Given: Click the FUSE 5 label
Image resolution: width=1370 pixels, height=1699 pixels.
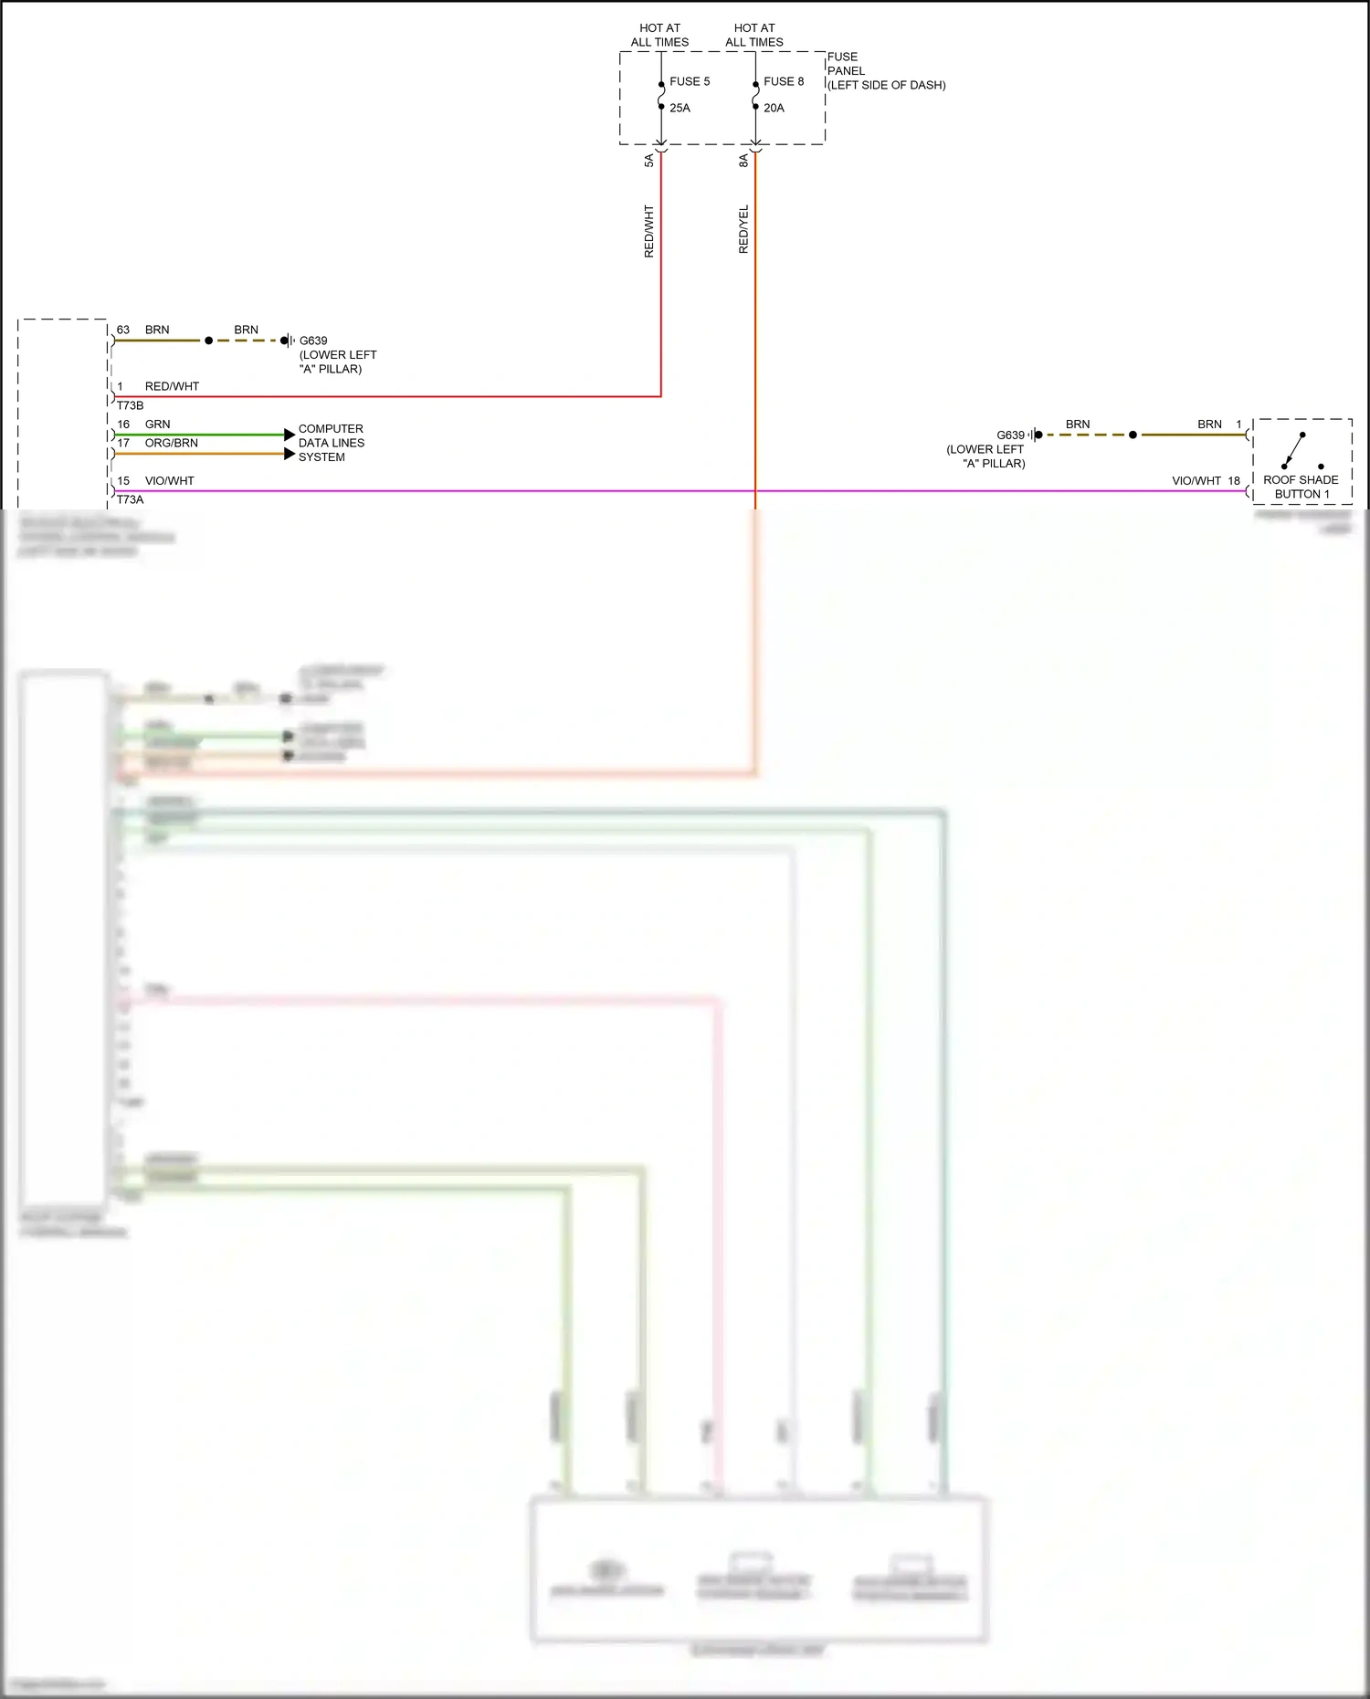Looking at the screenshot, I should pos(689,81).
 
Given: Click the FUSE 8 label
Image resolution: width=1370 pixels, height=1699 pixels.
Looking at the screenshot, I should pos(784,81).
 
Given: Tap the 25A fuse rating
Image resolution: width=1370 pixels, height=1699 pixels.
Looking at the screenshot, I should pos(680,108).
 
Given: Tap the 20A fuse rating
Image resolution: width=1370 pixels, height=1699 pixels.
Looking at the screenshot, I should pos(774,108).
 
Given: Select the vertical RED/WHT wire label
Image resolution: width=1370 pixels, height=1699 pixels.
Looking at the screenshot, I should pos(649,231).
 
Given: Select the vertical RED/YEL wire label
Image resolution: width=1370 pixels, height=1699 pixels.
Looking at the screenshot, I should pos(743,229).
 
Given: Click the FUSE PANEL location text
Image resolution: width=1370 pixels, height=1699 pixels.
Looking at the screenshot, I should pos(885,71).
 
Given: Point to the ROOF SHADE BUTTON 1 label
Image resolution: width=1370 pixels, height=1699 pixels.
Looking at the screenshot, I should pos(1301,487).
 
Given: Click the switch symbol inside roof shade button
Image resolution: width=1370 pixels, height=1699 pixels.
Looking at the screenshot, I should pos(1295,450).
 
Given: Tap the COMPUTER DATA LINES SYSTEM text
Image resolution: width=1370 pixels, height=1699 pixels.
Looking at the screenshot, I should pos(331,443).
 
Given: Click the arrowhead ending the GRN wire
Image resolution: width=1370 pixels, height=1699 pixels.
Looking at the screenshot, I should pos(290,435).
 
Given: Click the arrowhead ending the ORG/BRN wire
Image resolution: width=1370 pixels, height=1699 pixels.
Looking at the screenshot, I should pos(290,454).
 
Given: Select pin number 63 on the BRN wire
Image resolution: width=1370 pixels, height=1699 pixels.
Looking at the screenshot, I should pos(123,330).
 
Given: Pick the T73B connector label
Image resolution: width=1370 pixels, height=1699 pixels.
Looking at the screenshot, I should pos(130,405).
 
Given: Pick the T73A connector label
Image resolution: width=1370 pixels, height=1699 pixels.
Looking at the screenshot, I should pos(130,499).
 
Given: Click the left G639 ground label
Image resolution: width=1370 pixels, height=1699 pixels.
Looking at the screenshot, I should pos(313,341).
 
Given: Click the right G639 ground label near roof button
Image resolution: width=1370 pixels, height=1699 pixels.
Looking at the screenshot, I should pos(1010,435).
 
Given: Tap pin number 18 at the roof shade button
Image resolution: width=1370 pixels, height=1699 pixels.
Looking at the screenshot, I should pos(1234,480).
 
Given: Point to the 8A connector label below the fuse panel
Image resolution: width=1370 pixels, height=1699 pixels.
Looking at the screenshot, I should pos(743,161).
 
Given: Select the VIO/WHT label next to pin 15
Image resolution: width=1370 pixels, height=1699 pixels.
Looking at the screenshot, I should pos(169,480).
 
